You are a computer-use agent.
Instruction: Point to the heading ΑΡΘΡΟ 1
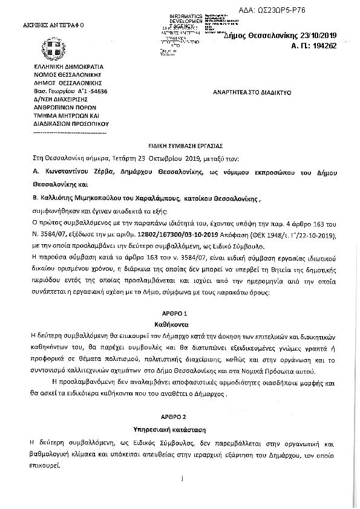point(180,315)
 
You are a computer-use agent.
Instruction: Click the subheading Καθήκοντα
point(180,324)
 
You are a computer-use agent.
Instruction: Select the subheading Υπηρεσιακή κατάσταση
point(180,429)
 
